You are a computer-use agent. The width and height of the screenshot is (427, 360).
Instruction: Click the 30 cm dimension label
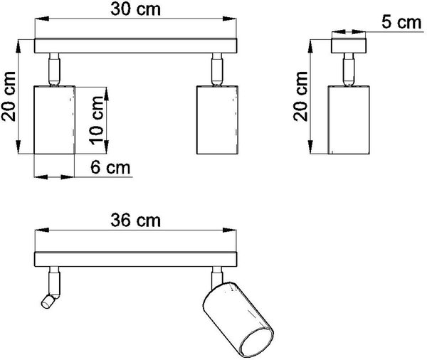[x=135, y=9]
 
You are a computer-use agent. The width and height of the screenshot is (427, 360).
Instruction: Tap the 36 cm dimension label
[x=135, y=221]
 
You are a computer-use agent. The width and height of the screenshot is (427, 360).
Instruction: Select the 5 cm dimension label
[x=401, y=22]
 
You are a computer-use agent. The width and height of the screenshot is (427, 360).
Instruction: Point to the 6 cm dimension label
[x=110, y=167]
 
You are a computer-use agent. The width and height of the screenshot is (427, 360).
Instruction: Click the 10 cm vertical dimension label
[x=97, y=120]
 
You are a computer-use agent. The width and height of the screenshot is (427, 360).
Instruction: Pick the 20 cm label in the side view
[x=300, y=96]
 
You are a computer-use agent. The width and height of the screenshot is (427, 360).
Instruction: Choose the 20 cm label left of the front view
[x=8, y=96]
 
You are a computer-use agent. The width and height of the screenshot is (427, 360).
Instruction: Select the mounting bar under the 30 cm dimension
[x=135, y=46]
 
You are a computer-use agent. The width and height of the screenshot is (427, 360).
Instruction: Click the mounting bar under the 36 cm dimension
[x=135, y=259]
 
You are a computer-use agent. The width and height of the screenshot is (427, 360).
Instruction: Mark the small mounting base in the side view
[x=349, y=46]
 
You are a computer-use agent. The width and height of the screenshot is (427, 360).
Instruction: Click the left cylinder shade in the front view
[x=55, y=120]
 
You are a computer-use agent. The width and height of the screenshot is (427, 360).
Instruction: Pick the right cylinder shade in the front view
[x=217, y=120]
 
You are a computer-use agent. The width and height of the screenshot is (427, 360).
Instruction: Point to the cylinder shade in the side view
[x=349, y=120]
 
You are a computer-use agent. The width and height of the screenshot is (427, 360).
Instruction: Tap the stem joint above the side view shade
[x=349, y=70]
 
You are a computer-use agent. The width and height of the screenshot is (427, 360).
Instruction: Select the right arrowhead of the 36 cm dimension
[x=229, y=230]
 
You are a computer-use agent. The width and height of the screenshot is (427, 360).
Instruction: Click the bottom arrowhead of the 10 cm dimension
[x=106, y=147]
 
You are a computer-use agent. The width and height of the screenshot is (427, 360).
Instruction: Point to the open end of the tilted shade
[x=257, y=342]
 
